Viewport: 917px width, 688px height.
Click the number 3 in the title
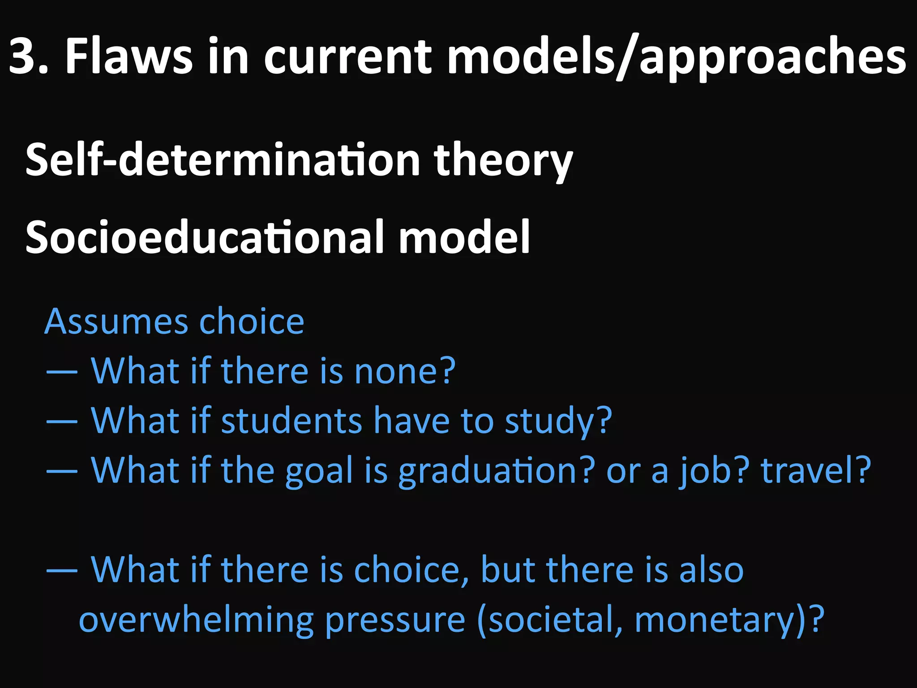[x=22, y=57]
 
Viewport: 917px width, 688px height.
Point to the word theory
[x=503, y=160]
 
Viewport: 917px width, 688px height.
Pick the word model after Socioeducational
[x=464, y=237]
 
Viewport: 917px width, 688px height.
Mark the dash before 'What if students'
[x=62, y=421]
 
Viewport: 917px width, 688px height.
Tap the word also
[x=711, y=570]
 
